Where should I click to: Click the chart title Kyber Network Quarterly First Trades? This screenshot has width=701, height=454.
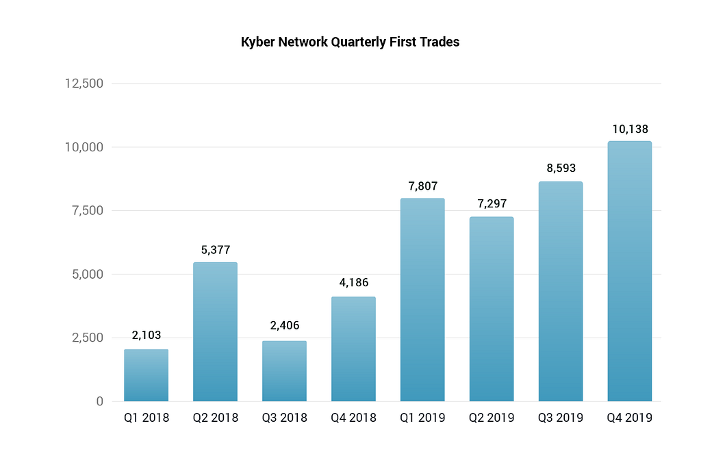(350, 42)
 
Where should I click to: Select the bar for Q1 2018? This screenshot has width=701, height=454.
(146, 375)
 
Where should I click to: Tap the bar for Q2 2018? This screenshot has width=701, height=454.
(215, 332)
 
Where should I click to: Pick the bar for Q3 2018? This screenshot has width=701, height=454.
(284, 371)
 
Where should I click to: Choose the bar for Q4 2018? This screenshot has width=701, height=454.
(353, 349)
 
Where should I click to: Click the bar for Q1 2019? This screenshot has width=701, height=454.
(422, 300)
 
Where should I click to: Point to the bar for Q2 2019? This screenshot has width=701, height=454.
(492, 310)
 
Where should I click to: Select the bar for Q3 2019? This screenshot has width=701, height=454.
(561, 292)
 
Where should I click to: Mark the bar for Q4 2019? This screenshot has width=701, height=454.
(630, 271)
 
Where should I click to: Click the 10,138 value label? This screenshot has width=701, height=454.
(630, 129)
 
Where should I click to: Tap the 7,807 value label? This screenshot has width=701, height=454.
(422, 186)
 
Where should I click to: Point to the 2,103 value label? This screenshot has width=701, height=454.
(146, 336)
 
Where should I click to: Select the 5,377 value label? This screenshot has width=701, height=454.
(215, 250)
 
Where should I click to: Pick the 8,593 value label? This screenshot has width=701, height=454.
(561, 168)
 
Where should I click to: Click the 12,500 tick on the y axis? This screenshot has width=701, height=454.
(84, 84)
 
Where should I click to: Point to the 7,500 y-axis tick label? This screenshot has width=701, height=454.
(87, 210)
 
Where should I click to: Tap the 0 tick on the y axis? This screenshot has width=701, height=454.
(99, 401)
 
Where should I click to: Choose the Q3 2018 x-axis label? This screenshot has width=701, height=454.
(284, 418)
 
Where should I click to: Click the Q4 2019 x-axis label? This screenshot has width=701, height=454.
(630, 418)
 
